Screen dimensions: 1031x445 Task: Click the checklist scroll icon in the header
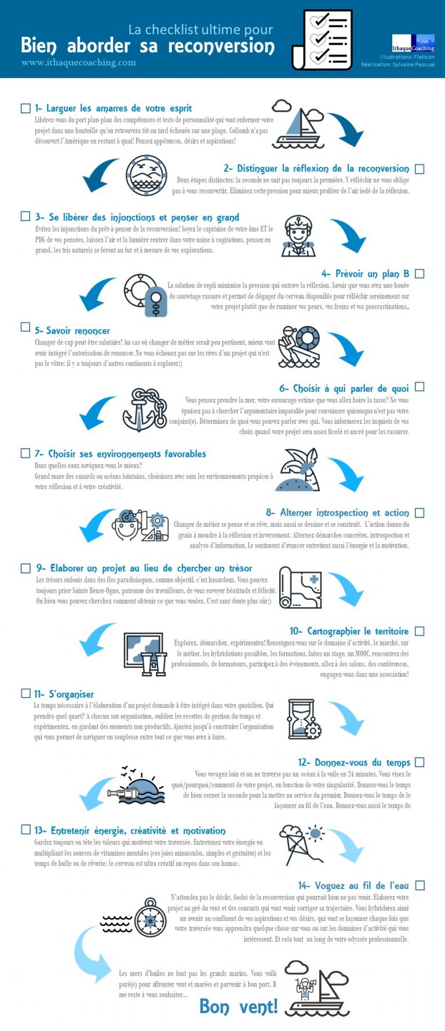[322, 39]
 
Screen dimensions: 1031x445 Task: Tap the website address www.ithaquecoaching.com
[79, 63]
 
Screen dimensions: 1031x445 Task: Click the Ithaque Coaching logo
[413, 43]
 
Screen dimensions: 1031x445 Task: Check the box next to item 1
[25, 108]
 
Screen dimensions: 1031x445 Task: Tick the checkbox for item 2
[420, 169]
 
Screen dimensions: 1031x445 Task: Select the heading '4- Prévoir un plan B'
[365, 273]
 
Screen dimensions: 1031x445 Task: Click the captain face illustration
[298, 236]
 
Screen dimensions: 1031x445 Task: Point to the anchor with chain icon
[144, 410]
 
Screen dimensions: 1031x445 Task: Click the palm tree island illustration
[298, 470]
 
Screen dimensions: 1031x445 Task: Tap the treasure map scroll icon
[300, 588]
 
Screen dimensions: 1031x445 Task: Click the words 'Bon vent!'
[238, 1007]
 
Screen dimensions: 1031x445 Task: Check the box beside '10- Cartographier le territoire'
[420, 631]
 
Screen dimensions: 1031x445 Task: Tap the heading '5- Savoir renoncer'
[72, 331]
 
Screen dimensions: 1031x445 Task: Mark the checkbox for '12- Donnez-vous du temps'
[420, 762]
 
